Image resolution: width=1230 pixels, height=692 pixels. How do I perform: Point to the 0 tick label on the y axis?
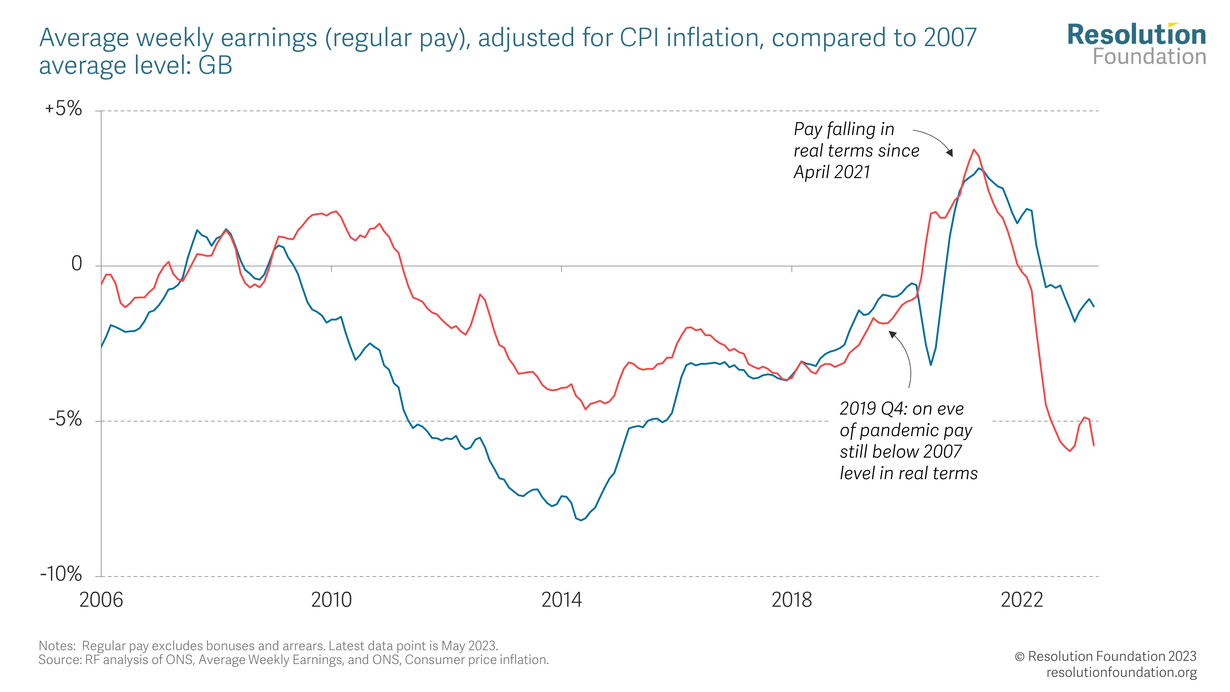coord(76,264)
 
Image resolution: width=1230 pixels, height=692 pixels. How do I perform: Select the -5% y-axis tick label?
coord(65,419)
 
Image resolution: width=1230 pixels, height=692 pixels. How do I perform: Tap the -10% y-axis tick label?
coord(61,574)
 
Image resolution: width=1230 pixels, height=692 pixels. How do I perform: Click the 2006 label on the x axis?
coord(101,600)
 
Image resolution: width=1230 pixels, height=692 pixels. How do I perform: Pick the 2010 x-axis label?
coord(331,600)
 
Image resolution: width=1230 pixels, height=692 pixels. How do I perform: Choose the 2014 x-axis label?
coord(561,600)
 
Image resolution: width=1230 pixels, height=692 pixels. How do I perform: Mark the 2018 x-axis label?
coord(792,600)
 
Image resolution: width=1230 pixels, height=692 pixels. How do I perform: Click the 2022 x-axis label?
coord(1022,600)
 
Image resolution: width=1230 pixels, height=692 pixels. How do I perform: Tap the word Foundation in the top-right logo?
coord(1149,57)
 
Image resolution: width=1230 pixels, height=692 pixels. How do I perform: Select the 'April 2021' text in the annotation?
coord(832,172)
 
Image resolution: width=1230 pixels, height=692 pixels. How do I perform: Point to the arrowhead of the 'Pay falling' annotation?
coord(950,153)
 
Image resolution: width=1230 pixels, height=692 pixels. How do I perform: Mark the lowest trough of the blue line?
coord(581,520)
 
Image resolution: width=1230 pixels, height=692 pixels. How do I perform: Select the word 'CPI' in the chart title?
coord(640,38)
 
